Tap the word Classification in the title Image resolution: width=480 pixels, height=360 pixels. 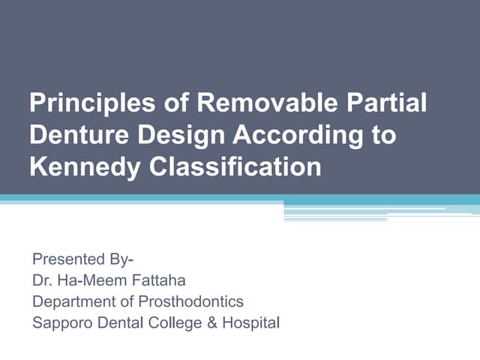(x=232, y=166)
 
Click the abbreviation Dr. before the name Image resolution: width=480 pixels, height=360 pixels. (x=42, y=281)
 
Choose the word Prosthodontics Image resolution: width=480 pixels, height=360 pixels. (x=190, y=302)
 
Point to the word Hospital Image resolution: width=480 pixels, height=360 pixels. (x=250, y=324)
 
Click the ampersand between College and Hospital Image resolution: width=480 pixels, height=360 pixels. (x=211, y=324)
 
